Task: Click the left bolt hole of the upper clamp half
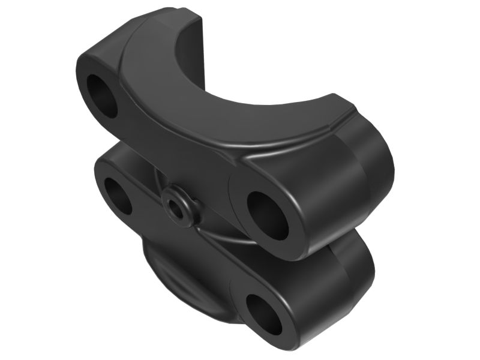click(x=103, y=94)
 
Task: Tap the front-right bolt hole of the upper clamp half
click(x=269, y=215)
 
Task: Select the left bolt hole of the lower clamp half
click(x=116, y=194)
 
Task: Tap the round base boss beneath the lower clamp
click(x=174, y=288)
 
